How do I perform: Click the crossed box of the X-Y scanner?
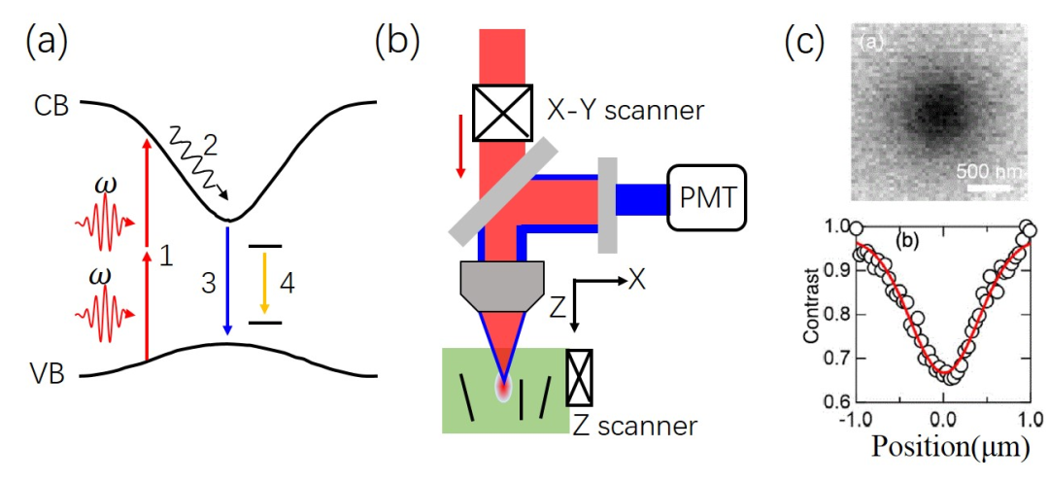pyautogui.click(x=502, y=113)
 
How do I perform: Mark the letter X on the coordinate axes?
pyautogui.click(x=637, y=279)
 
